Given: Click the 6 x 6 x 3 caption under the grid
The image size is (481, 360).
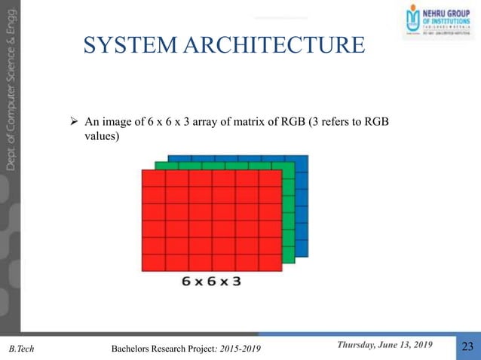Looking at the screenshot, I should [211, 282].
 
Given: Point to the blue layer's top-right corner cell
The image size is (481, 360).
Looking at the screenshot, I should [302, 162].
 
